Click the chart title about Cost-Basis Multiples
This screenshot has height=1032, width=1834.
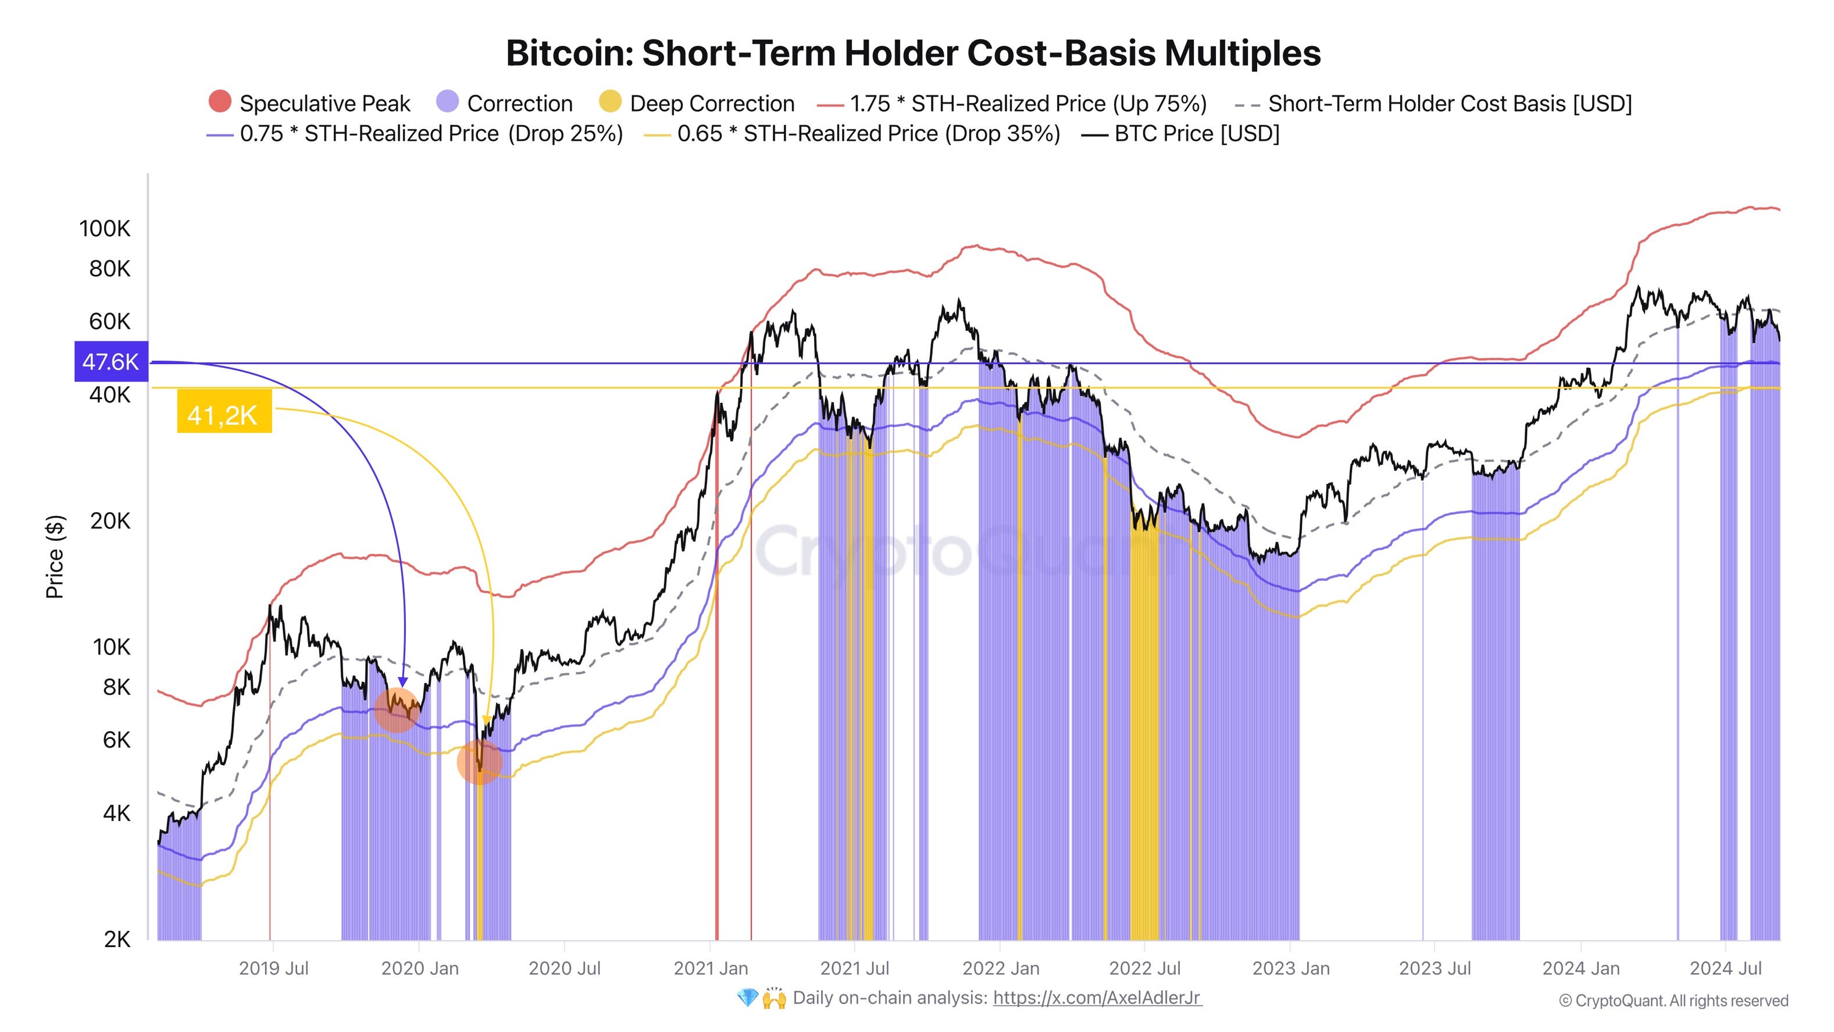point(913,54)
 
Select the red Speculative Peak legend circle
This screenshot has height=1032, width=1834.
point(220,102)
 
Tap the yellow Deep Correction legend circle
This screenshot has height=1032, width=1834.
point(610,102)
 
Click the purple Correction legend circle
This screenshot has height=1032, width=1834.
point(447,102)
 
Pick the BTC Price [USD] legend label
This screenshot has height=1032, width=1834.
point(1196,134)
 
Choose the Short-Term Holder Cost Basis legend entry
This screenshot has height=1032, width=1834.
point(1449,104)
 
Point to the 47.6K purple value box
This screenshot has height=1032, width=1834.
point(111,362)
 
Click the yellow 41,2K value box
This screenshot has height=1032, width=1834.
point(223,413)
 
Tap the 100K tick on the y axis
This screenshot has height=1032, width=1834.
point(105,229)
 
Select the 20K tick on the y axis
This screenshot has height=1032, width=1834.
point(110,521)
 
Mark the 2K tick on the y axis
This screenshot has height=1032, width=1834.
point(117,940)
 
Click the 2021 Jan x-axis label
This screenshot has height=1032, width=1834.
point(711,969)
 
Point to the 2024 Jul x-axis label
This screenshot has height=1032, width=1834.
point(1725,969)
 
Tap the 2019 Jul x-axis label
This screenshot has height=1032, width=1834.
point(273,969)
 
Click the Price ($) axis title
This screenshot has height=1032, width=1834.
point(55,557)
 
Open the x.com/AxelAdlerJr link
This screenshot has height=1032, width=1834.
point(1097,998)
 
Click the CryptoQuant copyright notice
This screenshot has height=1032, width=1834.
point(1673,1001)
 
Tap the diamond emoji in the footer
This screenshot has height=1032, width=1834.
point(747,998)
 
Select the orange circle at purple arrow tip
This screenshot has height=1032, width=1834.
point(396,709)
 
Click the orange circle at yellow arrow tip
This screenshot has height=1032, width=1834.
point(479,762)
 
